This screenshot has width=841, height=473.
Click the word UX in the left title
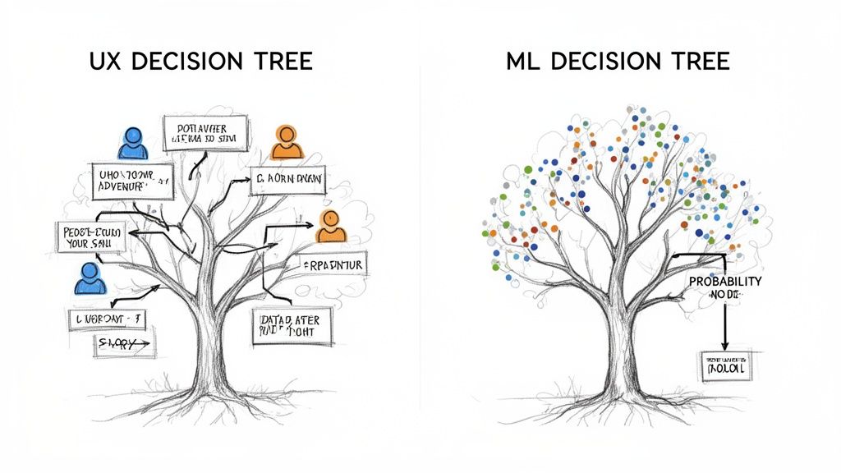pyautogui.click(x=105, y=62)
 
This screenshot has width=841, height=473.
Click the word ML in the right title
pyautogui.click(x=526, y=62)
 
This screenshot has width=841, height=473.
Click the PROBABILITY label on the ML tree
pyautogui.click(x=725, y=282)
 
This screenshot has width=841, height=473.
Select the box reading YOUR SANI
pyautogui.click(x=91, y=238)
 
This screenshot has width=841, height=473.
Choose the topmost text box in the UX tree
pyautogui.click(x=205, y=134)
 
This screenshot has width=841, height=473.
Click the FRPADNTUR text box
pyautogui.click(x=333, y=264)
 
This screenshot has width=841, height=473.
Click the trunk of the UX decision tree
pyautogui.click(x=209, y=345)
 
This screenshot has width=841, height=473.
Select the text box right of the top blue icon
pyautogui.click(x=205, y=134)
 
